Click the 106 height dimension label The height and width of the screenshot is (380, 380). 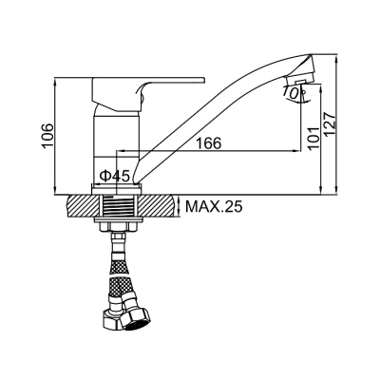point(47,136)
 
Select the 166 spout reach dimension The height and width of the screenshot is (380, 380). point(209,143)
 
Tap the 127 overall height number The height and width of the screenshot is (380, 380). point(330,124)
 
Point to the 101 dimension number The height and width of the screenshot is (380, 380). point(313,139)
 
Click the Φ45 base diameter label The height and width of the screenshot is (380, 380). point(115,176)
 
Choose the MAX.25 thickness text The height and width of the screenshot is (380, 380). point(214,207)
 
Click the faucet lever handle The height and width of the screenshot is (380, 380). point(148,94)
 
